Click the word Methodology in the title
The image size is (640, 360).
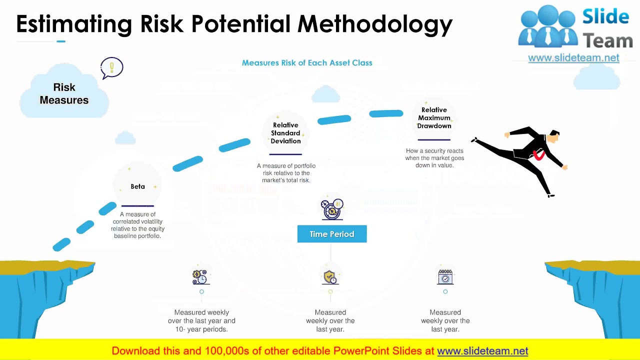click(x=375, y=24)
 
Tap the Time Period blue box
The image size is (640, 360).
click(x=332, y=234)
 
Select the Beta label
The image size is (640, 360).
click(x=137, y=186)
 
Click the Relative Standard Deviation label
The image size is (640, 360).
click(x=285, y=133)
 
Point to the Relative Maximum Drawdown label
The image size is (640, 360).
click(x=434, y=118)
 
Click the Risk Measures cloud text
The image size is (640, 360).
click(x=64, y=93)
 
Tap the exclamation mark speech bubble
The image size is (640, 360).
click(x=111, y=67)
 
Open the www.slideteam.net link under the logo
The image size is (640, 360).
click(x=573, y=58)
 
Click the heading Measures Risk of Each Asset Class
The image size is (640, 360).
click(x=307, y=63)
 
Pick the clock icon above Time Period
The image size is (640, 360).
click(x=332, y=209)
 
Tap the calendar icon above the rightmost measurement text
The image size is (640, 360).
click(x=445, y=277)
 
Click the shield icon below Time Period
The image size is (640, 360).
click(x=330, y=277)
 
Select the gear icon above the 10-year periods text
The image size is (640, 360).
click(x=200, y=276)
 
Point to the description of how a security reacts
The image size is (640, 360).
click(x=434, y=158)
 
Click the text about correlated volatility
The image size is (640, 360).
click(x=137, y=225)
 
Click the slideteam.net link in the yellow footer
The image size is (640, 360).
click(x=482, y=351)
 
